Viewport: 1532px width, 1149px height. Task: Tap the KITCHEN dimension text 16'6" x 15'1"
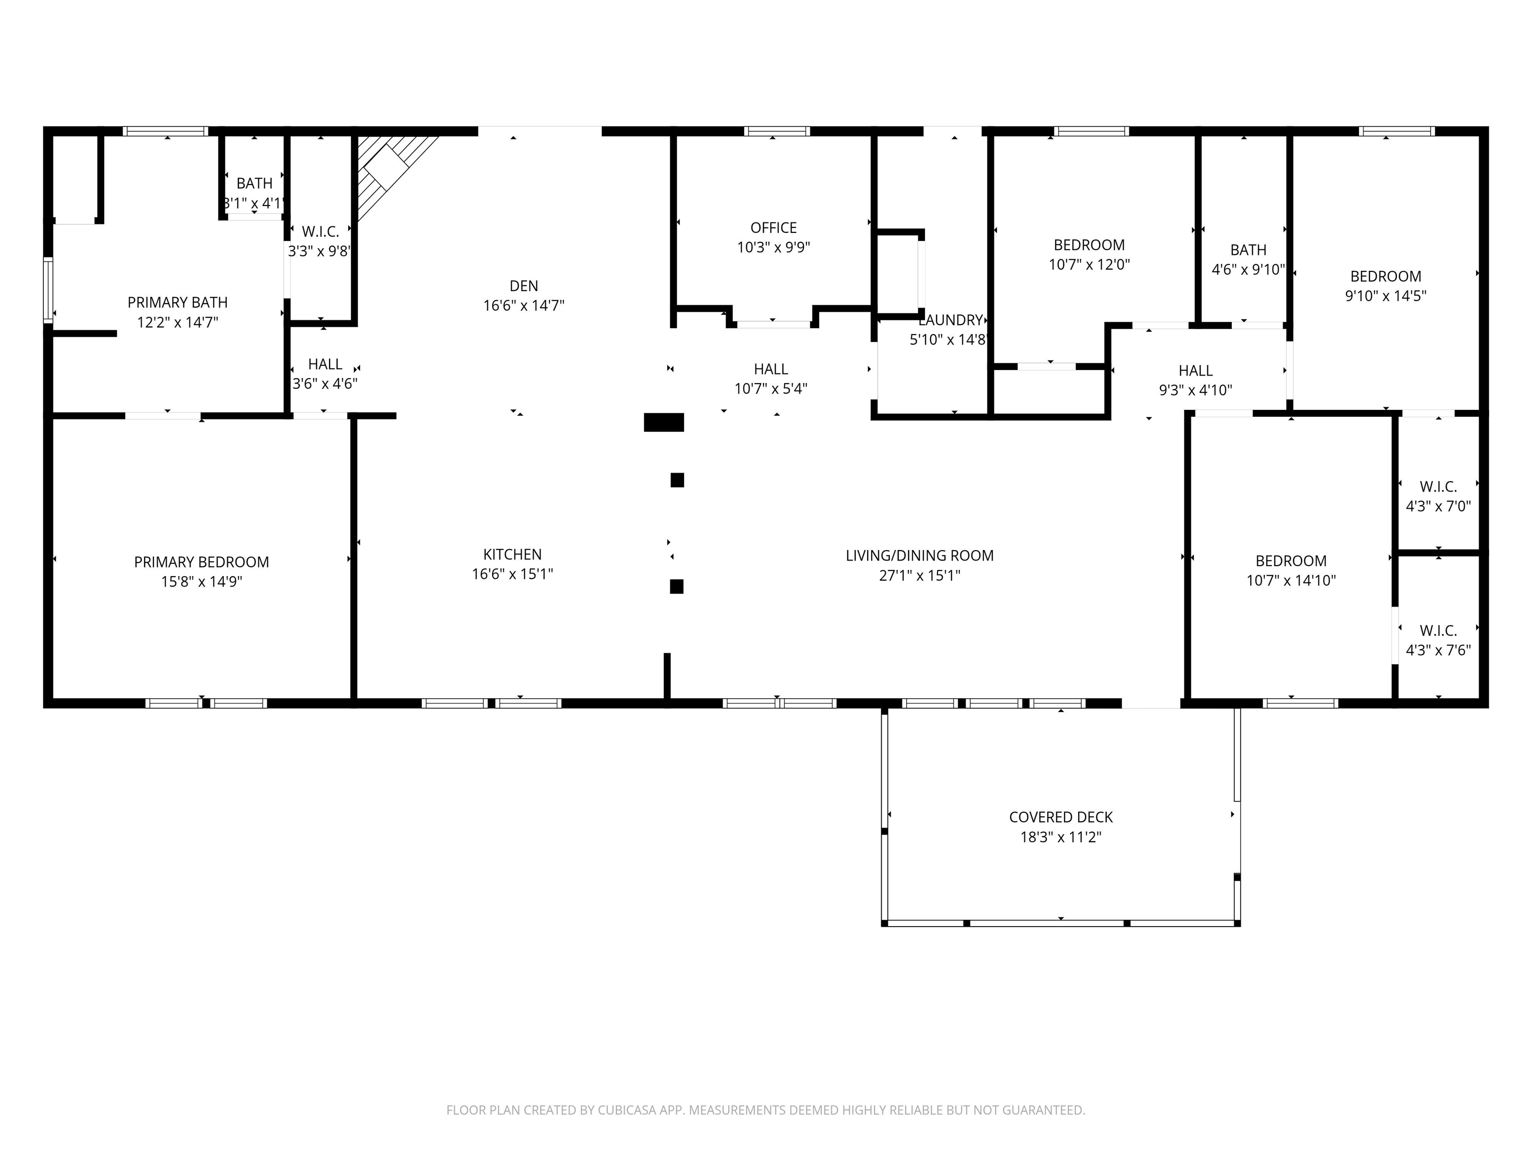513,574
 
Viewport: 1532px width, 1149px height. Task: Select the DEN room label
524,286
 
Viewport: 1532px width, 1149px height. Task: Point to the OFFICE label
773,228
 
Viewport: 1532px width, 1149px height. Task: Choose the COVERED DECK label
1060,817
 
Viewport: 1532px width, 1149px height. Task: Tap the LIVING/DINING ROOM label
920,556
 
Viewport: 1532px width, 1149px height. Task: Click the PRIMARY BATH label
178,303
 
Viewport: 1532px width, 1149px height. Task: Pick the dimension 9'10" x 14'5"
1386,296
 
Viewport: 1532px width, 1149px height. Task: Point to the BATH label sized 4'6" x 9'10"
1249,250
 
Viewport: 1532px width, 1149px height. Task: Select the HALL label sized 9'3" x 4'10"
1195,371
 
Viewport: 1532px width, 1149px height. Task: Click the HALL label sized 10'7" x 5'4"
771,369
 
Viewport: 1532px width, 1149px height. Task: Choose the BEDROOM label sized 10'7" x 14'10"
1291,561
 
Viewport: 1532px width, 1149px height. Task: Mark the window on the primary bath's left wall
48,290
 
